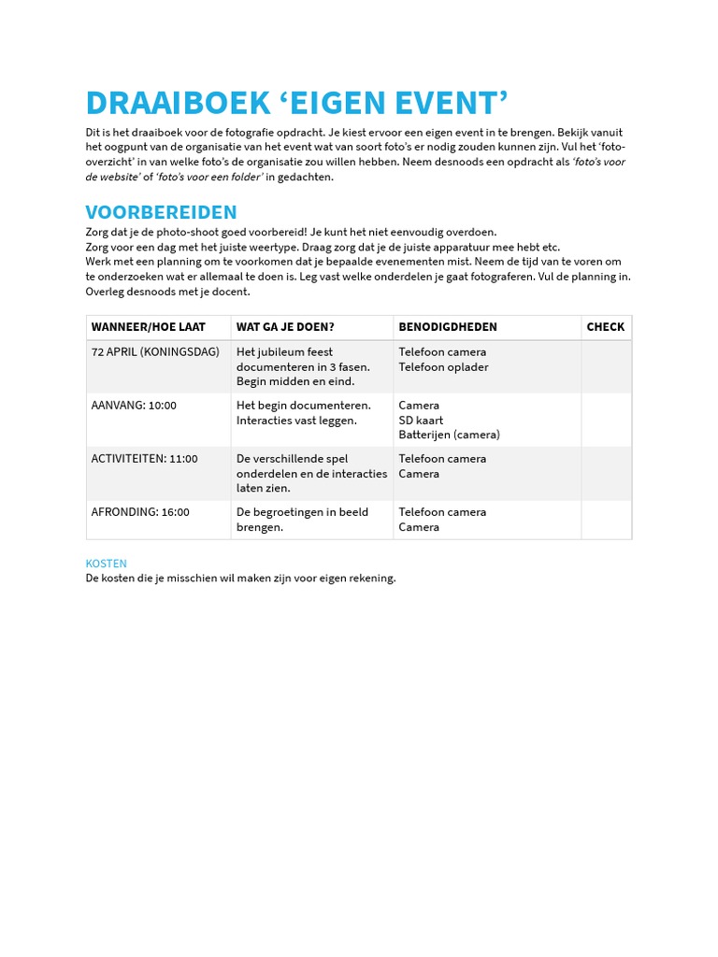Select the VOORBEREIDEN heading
[161, 212]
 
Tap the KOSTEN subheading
[106, 564]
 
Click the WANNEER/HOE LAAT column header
[148, 327]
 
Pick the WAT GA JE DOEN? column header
[285, 327]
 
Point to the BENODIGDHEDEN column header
[448, 327]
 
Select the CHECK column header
[605, 327]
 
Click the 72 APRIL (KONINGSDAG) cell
[155, 352]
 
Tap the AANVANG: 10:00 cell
[134, 406]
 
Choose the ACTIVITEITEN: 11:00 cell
[144, 459]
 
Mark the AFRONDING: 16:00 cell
[140, 512]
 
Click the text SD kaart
[421, 421]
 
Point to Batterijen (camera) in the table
[449, 435]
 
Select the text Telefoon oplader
[443, 367]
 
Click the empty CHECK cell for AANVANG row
[606, 420]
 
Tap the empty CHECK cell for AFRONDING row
[606, 520]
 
